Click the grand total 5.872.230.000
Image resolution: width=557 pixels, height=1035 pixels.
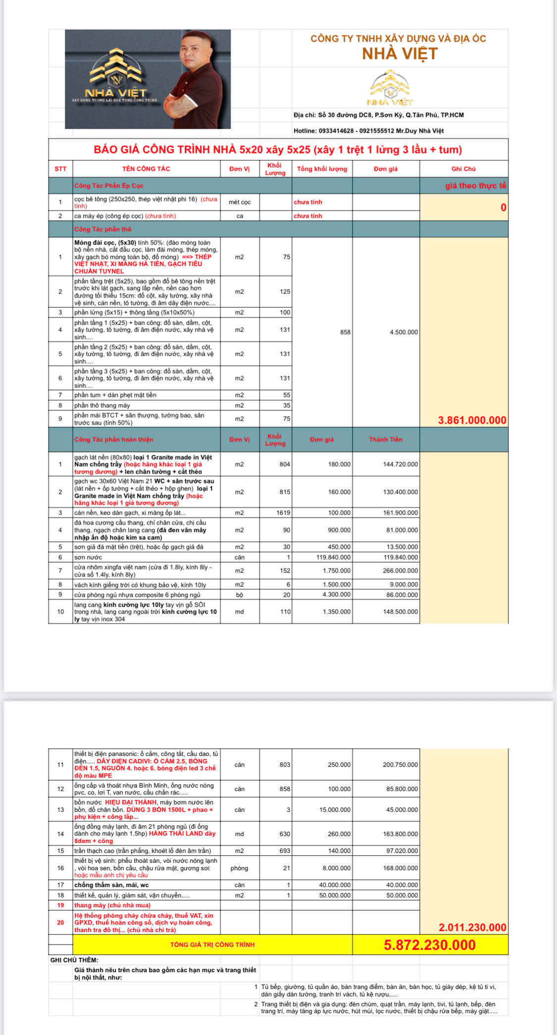click(x=429, y=944)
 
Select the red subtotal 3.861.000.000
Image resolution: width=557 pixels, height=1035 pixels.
click(x=472, y=420)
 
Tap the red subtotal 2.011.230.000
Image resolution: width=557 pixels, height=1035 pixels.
click(x=472, y=927)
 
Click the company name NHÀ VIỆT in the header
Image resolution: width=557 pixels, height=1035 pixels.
click(x=400, y=53)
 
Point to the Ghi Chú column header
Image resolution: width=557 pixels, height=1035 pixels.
click(x=463, y=169)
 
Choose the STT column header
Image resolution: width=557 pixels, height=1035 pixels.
click(x=60, y=169)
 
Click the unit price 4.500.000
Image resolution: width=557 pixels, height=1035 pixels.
click(x=404, y=332)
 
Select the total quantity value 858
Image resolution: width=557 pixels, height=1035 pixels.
click(x=345, y=332)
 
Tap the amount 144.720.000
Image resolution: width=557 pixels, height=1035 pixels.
click(x=400, y=464)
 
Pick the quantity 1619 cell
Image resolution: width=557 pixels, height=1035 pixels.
click(x=283, y=513)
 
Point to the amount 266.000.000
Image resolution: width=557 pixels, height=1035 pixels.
click(x=400, y=570)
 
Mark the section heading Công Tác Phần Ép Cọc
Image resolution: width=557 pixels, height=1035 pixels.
click(x=109, y=186)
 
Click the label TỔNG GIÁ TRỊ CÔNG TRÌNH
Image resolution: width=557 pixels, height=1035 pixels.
click(x=212, y=944)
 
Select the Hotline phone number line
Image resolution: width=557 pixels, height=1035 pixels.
click(x=368, y=131)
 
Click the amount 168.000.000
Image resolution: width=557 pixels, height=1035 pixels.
click(x=400, y=868)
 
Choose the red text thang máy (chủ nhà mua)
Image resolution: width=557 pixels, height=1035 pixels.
click(x=112, y=905)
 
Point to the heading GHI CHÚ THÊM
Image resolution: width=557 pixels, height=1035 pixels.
click(x=74, y=960)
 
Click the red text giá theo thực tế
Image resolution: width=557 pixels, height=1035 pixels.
click(x=475, y=186)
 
